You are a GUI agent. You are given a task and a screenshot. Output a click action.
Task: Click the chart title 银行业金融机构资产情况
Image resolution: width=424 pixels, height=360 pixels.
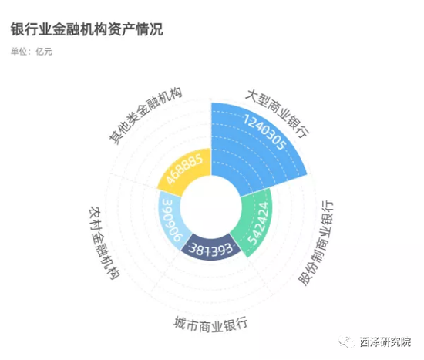pyautogui.click(x=87, y=29)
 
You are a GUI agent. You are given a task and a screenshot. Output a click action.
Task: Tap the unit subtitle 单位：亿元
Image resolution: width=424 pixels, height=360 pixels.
pyautogui.click(x=32, y=51)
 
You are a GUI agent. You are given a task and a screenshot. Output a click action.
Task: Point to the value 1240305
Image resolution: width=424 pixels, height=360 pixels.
pyautogui.click(x=264, y=132)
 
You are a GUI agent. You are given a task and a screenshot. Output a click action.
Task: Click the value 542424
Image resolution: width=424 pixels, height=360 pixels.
pyautogui.click(x=258, y=223)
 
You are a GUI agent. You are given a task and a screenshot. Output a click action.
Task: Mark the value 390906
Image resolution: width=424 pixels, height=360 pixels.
pyautogui.click(x=173, y=220)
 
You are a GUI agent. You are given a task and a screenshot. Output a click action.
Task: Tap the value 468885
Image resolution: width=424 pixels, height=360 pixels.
pyautogui.click(x=184, y=169)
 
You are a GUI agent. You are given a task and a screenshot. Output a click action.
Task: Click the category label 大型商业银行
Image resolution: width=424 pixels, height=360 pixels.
pyautogui.click(x=278, y=113)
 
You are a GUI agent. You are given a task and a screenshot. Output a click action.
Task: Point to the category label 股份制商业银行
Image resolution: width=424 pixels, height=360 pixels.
pyautogui.click(x=316, y=243)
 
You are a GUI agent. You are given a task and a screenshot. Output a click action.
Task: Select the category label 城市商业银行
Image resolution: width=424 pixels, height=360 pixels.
pyautogui.click(x=210, y=324)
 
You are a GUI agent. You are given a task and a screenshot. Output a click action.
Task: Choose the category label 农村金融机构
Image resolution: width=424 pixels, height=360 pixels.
pyautogui.click(x=104, y=243)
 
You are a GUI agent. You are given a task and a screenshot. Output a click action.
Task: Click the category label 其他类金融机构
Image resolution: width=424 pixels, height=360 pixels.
pyautogui.click(x=146, y=116)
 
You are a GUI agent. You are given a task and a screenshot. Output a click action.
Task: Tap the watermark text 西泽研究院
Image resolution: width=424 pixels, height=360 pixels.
pyautogui.click(x=385, y=341)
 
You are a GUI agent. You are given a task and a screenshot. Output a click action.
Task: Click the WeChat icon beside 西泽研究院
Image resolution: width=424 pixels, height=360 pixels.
pyautogui.click(x=346, y=342)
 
